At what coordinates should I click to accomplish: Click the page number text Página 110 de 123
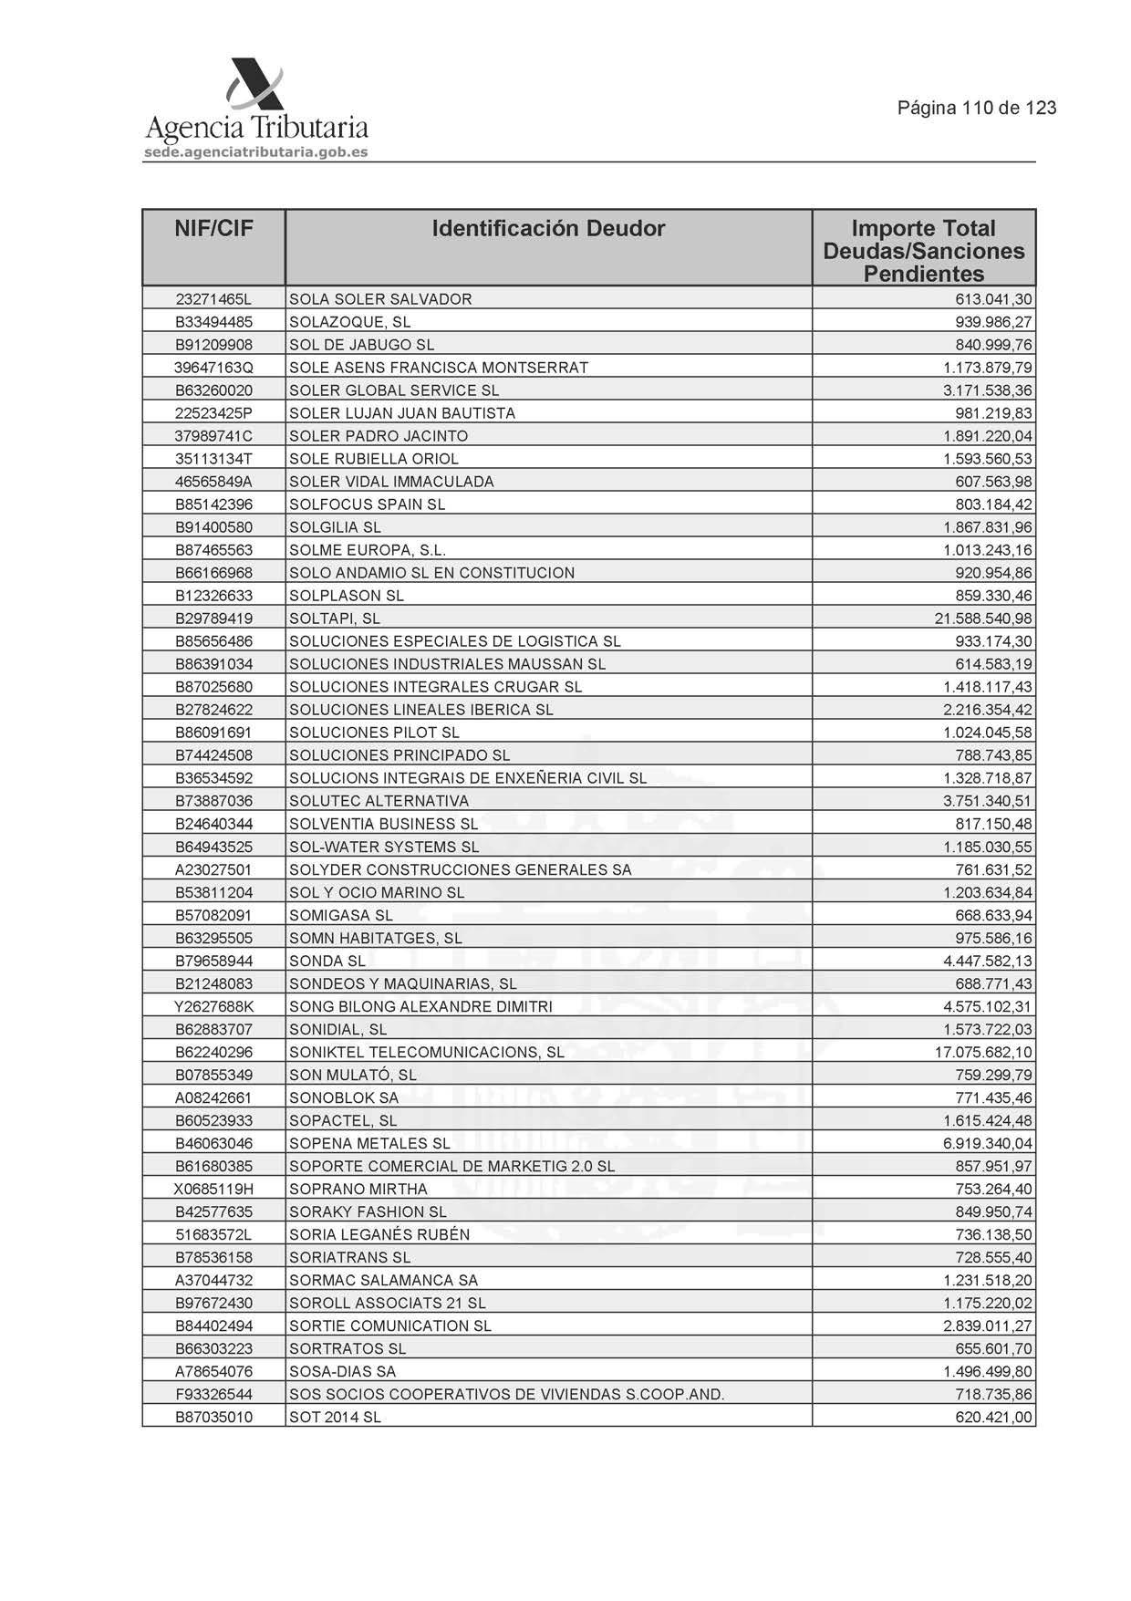click(x=977, y=108)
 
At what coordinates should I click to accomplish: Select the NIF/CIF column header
click(x=213, y=229)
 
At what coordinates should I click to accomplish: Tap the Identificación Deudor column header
click(x=548, y=229)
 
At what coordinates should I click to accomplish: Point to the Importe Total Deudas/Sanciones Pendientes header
click(x=923, y=251)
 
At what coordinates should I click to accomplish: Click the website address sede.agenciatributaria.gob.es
click(x=256, y=152)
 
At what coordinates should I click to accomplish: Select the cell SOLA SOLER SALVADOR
click(x=380, y=299)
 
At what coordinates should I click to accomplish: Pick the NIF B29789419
click(x=213, y=619)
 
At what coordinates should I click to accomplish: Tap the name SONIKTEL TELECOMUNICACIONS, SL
click(x=426, y=1052)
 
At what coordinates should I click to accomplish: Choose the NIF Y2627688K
click(x=213, y=1006)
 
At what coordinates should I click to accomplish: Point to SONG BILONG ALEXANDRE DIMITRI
click(x=420, y=1006)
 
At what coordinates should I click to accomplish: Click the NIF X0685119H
click(x=213, y=1189)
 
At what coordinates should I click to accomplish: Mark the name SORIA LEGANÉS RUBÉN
click(x=379, y=1234)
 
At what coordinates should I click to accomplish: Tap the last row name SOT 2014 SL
click(x=335, y=1417)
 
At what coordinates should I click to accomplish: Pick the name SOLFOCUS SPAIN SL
click(x=367, y=504)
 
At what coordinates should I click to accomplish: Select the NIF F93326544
click(x=213, y=1394)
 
